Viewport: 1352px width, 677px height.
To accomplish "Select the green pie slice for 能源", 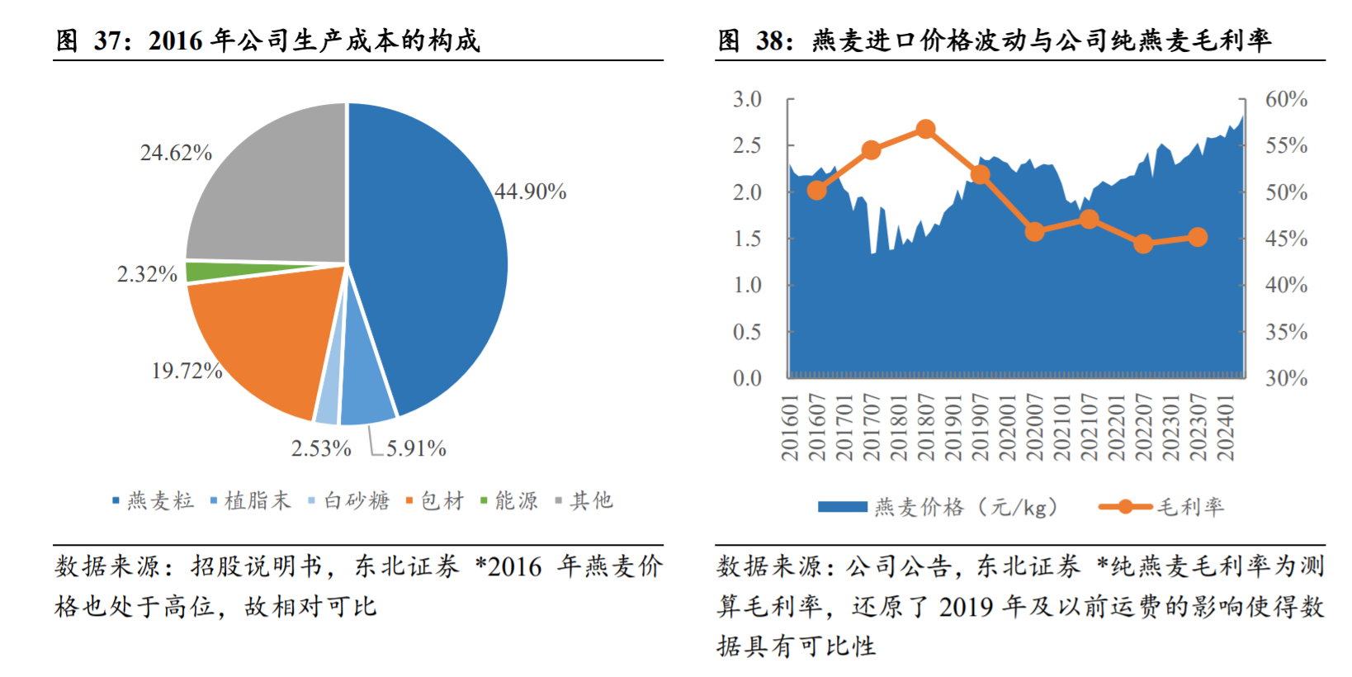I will click(x=248, y=271).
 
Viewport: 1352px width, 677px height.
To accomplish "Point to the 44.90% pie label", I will click(x=530, y=192).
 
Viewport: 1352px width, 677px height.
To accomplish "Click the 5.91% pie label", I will click(x=416, y=449).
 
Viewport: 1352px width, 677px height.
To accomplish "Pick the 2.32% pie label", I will click(x=147, y=274).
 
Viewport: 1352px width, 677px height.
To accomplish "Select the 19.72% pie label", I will click(x=187, y=371).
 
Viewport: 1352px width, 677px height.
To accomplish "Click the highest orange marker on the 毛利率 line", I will click(x=925, y=130).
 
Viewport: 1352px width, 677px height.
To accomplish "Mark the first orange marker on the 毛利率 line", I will click(x=816, y=190).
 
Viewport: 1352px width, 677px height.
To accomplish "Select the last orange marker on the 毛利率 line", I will click(x=1198, y=238).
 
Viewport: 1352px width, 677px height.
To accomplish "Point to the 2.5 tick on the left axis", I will click(x=747, y=146).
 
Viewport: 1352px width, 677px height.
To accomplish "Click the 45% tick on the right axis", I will click(x=1286, y=239).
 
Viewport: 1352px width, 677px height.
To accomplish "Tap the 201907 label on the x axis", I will click(x=980, y=428).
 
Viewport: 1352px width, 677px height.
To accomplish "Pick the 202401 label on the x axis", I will click(x=1225, y=428).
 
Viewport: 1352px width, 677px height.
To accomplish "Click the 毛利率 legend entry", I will click(x=1189, y=507).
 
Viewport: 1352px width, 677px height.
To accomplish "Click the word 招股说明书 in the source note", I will click(x=257, y=566).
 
